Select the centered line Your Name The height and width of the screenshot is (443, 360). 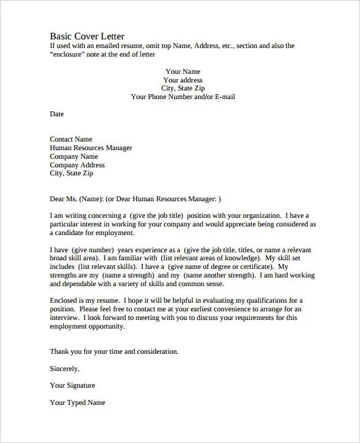[183, 71]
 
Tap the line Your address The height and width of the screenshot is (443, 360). [183, 80]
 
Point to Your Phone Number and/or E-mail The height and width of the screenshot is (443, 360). [183, 97]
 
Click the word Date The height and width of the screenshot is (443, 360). [57, 114]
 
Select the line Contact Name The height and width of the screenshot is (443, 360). [71, 139]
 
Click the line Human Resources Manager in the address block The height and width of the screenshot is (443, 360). [91, 148]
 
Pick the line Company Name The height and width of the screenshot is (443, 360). [74, 156]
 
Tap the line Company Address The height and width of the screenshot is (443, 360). [77, 165]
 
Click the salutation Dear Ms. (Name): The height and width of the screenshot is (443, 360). [76, 199]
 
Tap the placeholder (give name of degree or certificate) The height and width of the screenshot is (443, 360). [218, 267]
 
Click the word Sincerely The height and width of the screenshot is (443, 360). [65, 369]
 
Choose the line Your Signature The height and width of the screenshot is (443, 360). [73, 385]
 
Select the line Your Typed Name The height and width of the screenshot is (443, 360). [78, 402]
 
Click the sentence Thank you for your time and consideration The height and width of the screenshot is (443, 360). [114, 351]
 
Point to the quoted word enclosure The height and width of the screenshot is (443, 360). [71, 54]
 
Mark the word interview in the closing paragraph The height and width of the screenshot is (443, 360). [63, 318]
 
